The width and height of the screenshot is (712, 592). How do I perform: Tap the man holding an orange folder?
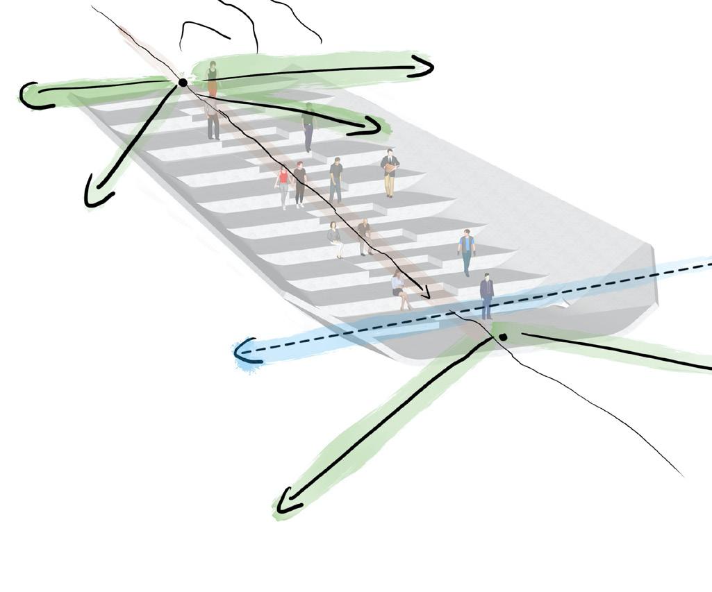[x=390, y=172]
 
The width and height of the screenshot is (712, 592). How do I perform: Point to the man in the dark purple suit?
[x=486, y=295]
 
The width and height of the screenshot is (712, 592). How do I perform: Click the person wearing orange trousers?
[x=212, y=79]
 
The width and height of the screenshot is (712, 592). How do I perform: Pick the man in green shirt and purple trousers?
[x=308, y=127]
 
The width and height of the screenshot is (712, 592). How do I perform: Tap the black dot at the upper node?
[x=183, y=83]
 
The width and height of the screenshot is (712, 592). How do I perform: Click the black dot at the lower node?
[x=503, y=337]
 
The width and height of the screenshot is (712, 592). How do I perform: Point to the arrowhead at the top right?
[x=424, y=67]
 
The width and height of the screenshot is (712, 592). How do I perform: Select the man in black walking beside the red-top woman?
[x=299, y=184]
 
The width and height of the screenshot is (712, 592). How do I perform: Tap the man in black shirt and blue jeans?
[x=336, y=178]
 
